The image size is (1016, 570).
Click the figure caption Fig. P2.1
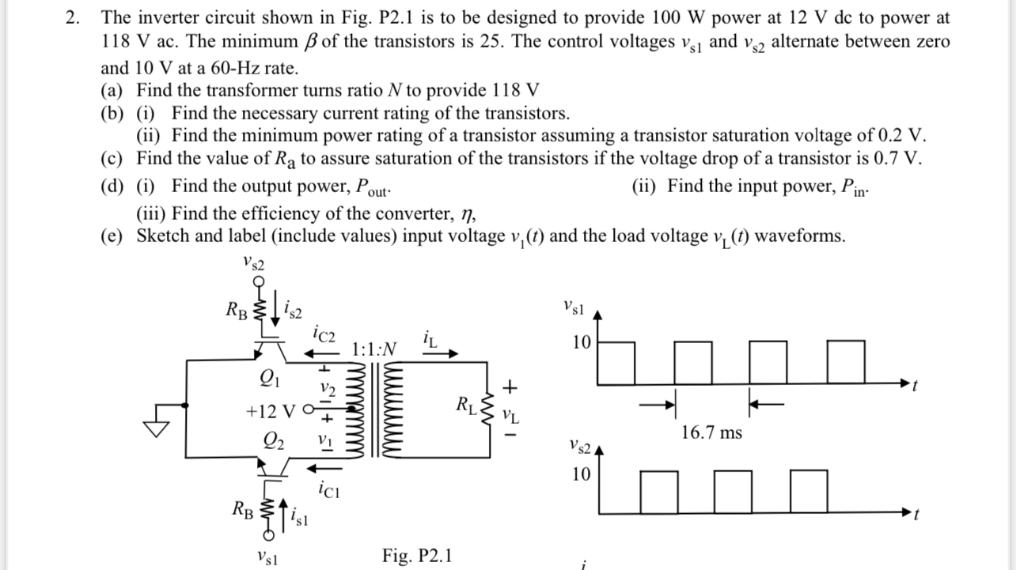coord(417,554)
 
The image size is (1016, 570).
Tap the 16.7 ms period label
coord(711,432)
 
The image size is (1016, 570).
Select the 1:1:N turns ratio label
coord(374,348)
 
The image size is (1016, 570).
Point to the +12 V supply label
coord(269,412)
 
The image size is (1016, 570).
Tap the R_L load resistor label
coord(467,407)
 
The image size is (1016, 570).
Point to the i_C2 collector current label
coord(326,335)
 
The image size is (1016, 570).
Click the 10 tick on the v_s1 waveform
coord(582,343)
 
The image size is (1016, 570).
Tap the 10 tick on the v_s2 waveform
coord(582,474)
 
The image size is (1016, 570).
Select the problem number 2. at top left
coord(74,17)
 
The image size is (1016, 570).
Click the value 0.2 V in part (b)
coord(902,135)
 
